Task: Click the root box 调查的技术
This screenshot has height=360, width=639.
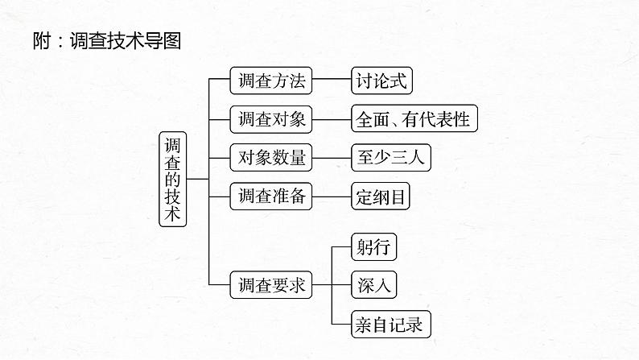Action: [x=172, y=179]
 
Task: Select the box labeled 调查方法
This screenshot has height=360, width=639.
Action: [x=270, y=81]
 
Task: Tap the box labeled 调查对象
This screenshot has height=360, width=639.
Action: [x=270, y=119]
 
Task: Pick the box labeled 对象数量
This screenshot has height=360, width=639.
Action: [x=270, y=157]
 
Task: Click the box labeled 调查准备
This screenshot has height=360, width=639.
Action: [x=270, y=196]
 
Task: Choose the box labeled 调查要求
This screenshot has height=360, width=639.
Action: [x=270, y=285]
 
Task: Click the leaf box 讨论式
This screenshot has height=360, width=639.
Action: [x=382, y=81]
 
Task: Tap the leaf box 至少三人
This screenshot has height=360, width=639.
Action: [x=390, y=157]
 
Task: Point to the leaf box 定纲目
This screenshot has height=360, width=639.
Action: [x=382, y=196]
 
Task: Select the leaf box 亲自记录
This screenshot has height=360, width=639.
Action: [x=390, y=324]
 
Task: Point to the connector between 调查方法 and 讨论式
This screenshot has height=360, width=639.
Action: [x=331, y=81]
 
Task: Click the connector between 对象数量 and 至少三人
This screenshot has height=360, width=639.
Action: [x=331, y=157]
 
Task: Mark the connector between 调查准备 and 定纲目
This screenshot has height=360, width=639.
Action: [x=331, y=196]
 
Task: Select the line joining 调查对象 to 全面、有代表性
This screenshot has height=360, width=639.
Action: [x=331, y=119]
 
